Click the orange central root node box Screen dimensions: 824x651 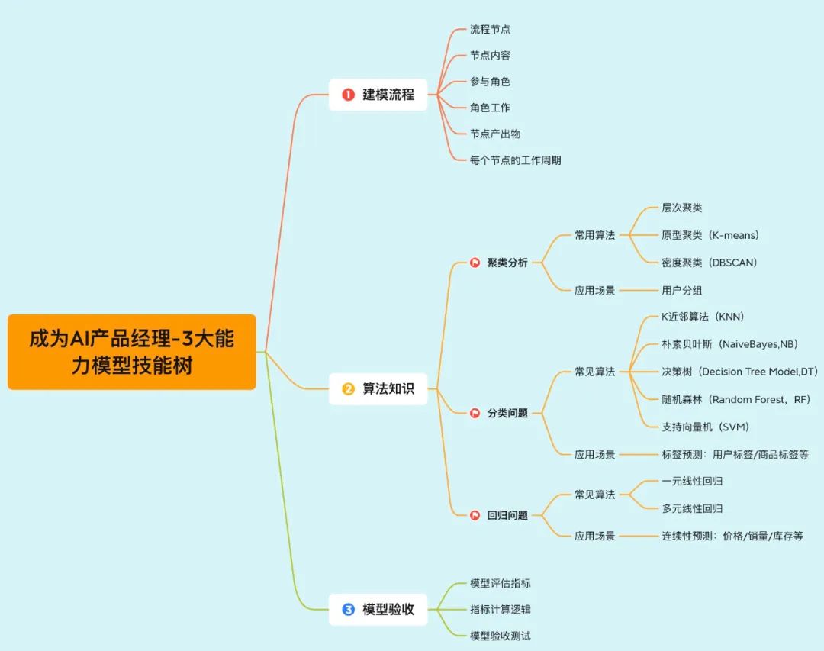[131, 352]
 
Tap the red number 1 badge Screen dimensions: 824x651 [349, 95]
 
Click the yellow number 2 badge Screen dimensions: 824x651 [349, 389]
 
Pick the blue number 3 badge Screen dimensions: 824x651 [349, 609]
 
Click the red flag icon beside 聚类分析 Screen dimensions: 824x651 [475, 263]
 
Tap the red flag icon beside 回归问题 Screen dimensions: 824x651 [475, 515]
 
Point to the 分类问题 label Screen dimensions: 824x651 [507, 414]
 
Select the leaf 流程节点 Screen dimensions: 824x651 [490, 30]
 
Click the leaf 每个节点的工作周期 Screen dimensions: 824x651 [516, 160]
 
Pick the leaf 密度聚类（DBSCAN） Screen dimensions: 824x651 [710, 263]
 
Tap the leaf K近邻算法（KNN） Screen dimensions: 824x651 [703, 317]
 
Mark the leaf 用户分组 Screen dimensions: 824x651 [682, 290]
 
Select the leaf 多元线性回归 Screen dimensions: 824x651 [692, 508]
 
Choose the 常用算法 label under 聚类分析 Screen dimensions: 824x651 [594, 235]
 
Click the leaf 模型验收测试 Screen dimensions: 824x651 [501, 636]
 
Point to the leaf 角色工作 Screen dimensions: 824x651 [490, 108]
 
